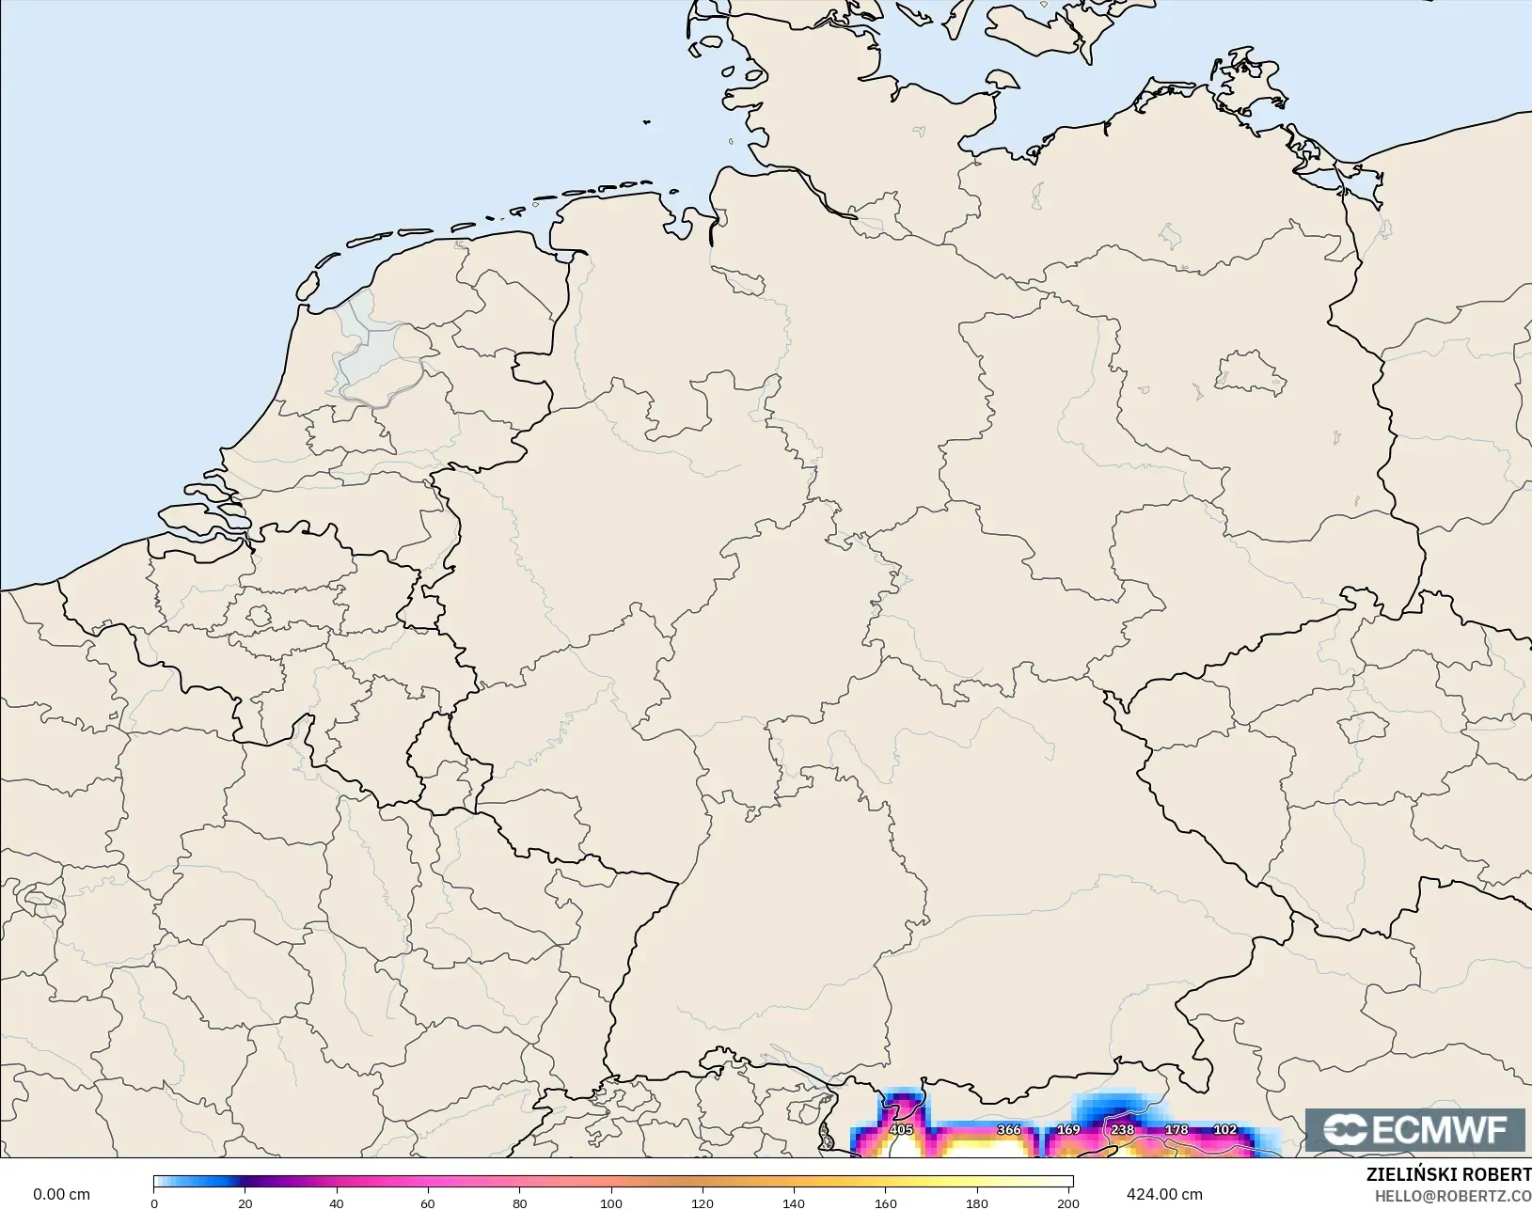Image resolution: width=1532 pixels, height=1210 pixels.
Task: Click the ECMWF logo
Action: [1414, 1129]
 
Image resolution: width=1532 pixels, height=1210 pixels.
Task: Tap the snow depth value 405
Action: [901, 1130]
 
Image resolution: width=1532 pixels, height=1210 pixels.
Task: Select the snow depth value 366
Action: [1008, 1130]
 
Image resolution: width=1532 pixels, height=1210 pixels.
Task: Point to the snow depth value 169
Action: [1068, 1130]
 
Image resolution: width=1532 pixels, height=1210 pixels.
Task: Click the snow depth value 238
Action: [1122, 1130]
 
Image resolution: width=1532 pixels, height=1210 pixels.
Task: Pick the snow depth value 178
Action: [1177, 1130]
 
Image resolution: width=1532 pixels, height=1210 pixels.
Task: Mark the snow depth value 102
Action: [1224, 1130]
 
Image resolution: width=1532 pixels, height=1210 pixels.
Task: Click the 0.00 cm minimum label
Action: [62, 1194]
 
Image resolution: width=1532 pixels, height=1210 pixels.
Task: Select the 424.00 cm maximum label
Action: [1164, 1194]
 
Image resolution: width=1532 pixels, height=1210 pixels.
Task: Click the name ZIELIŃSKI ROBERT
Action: [1448, 1175]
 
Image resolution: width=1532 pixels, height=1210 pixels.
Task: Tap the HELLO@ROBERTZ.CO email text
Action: [1453, 1196]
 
